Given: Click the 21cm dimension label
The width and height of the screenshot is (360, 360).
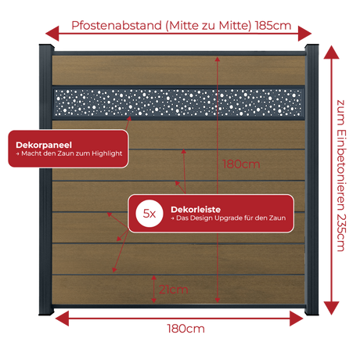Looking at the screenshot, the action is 174,290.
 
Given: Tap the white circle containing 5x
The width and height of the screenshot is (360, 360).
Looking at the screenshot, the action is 149,214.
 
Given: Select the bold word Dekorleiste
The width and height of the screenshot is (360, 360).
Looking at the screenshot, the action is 196,209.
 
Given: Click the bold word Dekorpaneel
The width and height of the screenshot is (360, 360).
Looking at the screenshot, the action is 44,145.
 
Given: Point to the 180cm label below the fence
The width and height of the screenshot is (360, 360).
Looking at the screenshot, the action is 185,329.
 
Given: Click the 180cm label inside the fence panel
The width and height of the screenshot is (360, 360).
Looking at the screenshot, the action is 241,164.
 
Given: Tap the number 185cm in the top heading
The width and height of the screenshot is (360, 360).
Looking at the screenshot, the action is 273,26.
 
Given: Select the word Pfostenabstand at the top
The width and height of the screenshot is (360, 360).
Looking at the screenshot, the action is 117,26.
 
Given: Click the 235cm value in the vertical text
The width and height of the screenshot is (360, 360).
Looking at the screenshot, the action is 340,232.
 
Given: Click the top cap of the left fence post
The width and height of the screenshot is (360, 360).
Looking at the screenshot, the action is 47,47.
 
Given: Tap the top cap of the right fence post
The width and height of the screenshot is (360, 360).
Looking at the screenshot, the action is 311,47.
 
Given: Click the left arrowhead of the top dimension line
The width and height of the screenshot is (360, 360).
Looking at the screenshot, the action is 52,34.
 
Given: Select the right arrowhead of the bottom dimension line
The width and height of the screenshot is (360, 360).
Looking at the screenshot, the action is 297,319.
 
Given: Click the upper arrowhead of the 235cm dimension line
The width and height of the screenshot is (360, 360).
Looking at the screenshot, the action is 331,52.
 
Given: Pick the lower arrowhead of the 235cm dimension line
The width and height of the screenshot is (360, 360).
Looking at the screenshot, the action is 331,308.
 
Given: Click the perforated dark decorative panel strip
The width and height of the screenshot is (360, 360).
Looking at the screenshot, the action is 178,103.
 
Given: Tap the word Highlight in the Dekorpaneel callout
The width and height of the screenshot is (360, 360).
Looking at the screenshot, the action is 106,153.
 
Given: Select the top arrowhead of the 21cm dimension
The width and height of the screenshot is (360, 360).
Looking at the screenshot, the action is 154,278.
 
